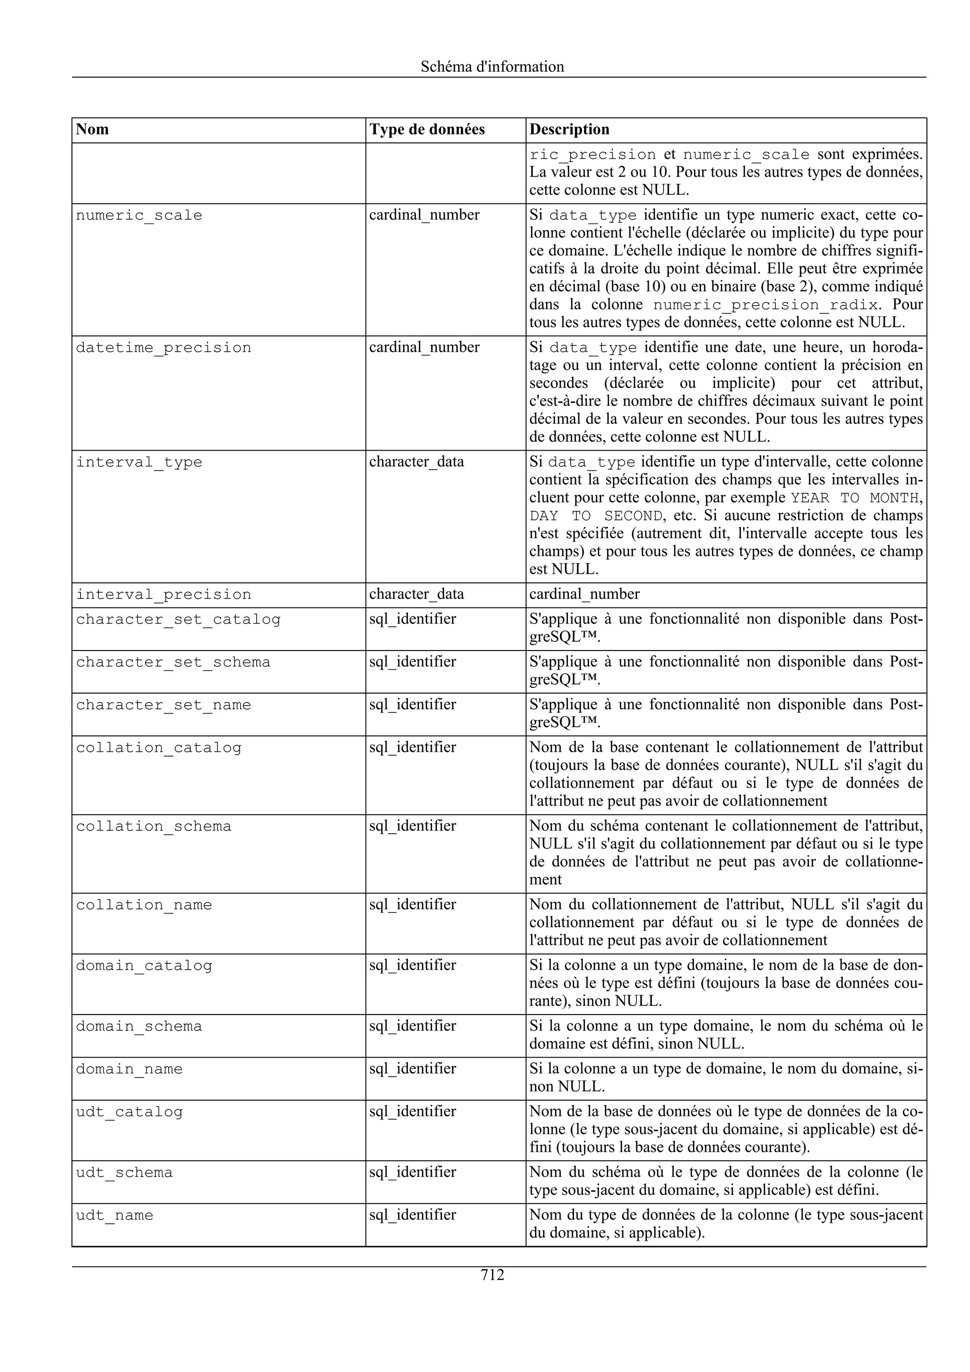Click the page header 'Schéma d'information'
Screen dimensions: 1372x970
click(x=492, y=66)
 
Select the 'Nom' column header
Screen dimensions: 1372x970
click(x=93, y=130)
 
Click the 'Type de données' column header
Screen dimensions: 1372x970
click(x=427, y=130)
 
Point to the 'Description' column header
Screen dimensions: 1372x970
click(x=569, y=130)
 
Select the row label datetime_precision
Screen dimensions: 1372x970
click(x=163, y=348)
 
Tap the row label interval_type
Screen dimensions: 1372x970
click(x=139, y=463)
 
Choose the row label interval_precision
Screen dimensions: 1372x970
click(x=163, y=595)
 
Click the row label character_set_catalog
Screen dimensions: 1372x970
click(x=178, y=620)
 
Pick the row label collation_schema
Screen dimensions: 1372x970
click(x=153, y=827)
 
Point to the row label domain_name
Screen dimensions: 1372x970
click(x=129, y=1069)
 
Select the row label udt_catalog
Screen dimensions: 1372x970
click(x=129, y=1112)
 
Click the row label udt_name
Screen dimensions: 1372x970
click(x=115, y=1215)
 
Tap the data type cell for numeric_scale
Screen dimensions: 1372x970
click(x=424, y=215)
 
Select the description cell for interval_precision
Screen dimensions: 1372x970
click(x=584, y=595)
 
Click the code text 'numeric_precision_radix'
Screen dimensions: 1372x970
click(x=765, y=305)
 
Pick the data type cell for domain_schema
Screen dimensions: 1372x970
click(x=413, y=1026)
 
